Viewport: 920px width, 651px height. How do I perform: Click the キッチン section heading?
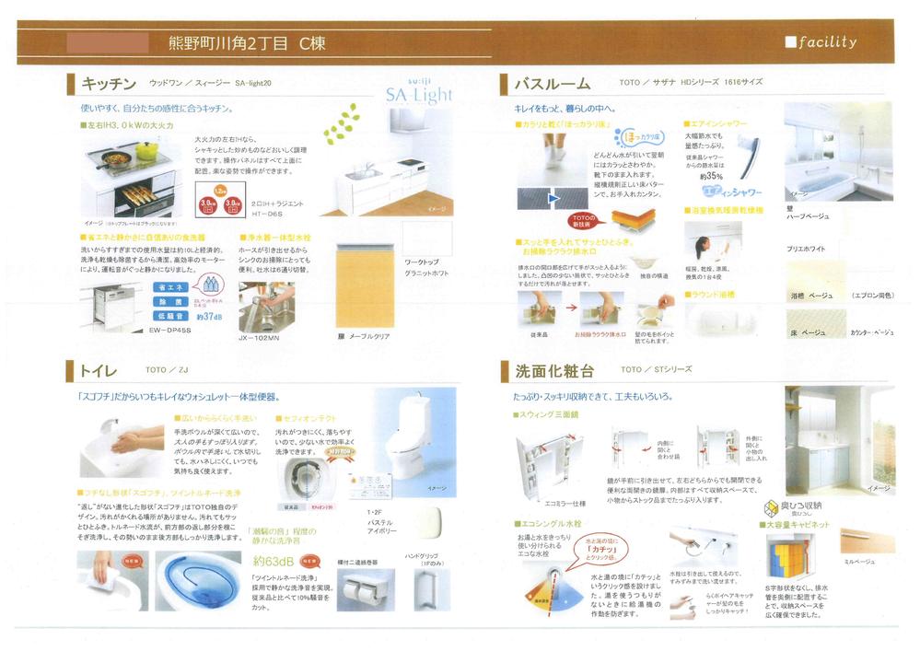110,84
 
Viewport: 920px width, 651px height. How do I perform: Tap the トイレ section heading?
97,370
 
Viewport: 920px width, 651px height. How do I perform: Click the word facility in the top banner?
827,42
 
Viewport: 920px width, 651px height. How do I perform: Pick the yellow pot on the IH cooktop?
146,149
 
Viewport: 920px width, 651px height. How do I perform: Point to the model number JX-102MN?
262,338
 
